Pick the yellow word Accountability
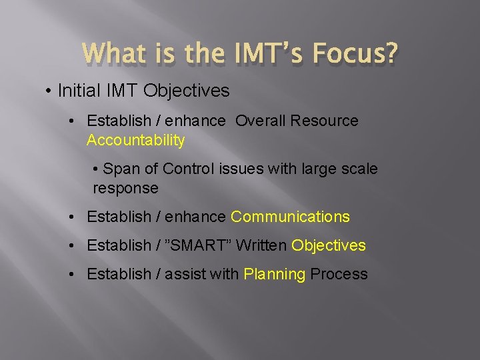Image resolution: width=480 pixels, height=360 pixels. [x=135, y=140]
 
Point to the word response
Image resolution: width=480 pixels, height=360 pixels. [x=125, y=189]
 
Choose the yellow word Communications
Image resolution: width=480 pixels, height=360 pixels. [x=290, y=217]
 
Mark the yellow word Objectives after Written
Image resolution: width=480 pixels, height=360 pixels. [x=329, y=246]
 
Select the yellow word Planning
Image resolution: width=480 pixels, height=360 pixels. [x=275, y=275]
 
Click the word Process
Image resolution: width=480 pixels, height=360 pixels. [x=339, y=275]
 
